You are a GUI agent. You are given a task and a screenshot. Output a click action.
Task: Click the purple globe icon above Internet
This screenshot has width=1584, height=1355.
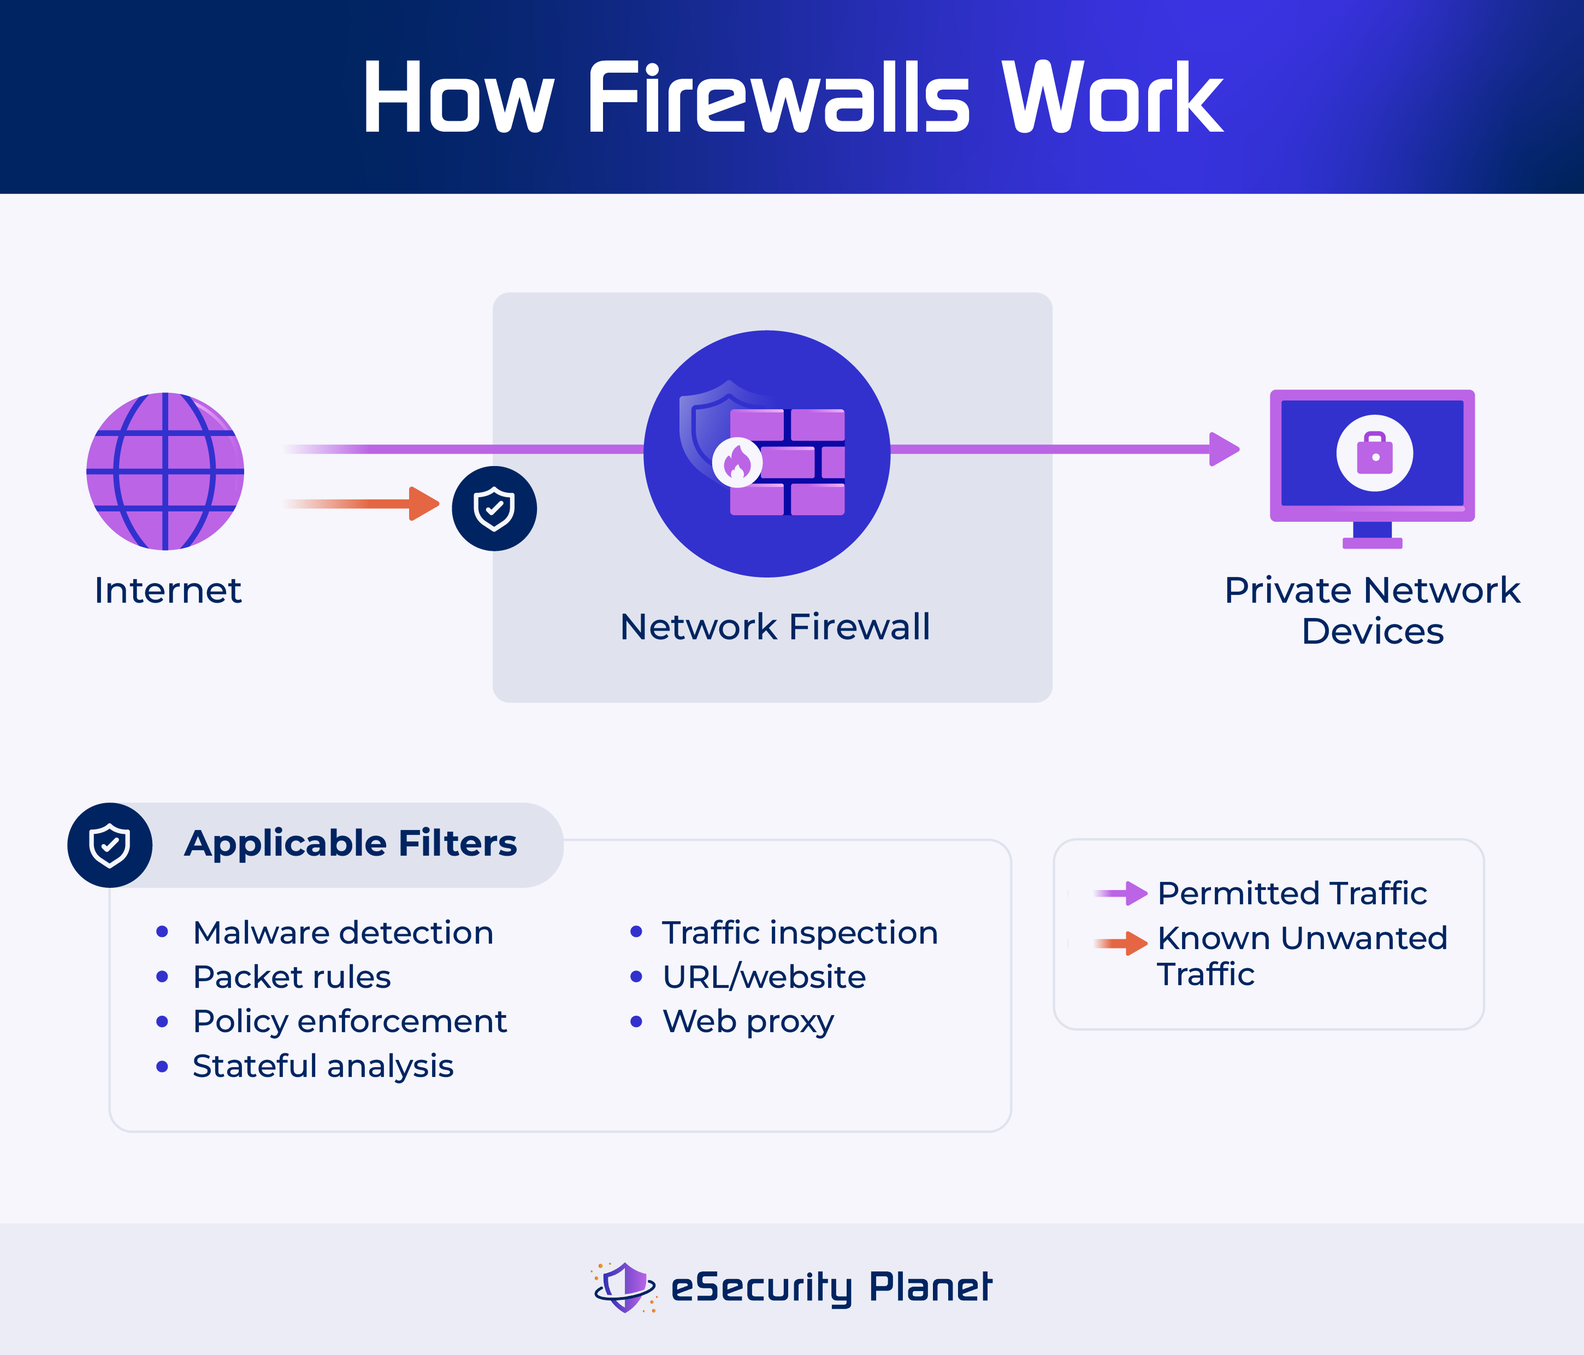click(165, 471)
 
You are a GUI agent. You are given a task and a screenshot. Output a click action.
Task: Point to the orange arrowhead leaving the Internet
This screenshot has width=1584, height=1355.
click(424, 503)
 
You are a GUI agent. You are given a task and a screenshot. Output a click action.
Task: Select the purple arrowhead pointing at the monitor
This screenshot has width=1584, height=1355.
click(1224, 449)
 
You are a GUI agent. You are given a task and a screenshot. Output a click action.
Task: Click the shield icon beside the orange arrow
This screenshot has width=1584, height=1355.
click(494, 509)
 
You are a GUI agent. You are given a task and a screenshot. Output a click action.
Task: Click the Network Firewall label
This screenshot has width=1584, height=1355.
click(775, 627)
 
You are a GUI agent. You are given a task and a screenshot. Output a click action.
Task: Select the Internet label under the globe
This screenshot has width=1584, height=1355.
click(168, 590)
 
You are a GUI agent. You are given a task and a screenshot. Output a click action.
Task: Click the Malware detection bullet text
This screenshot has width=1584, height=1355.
click(343, 933)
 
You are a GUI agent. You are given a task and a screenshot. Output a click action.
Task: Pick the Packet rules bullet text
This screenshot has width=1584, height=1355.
click(292, 977)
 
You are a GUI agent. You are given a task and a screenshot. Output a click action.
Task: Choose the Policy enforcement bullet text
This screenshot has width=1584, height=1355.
click(350, 1022)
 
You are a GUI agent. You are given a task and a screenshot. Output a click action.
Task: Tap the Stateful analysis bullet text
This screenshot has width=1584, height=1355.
click(323, 1066)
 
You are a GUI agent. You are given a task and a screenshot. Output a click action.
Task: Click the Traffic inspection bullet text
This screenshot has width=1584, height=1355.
click(800, 933)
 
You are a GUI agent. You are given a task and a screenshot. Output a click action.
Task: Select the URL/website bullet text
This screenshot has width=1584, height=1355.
click(764, 977)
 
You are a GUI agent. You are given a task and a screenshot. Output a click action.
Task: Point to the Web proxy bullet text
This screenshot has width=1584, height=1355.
click(748, 1022)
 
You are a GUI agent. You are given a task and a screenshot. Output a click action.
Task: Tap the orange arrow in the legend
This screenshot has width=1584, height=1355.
click(1121, 944)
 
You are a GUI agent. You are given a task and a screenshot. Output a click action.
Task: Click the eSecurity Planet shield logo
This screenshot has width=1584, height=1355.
click(624, 1287)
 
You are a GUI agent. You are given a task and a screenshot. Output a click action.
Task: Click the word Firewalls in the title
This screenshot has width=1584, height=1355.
click(778, 98)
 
